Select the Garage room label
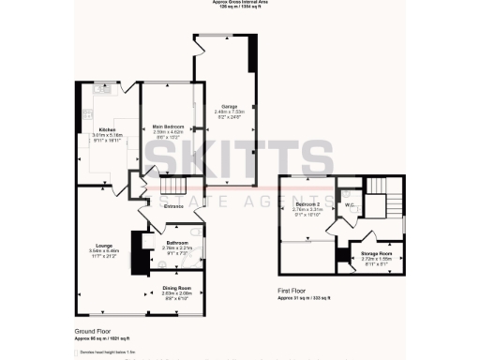tap(229, 106)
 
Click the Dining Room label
tap(176, 287)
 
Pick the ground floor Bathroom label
tap(176, 242)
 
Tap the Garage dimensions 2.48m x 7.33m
tap(229, 112)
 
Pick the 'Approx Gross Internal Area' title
tap(239, 3)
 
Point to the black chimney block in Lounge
tap(140, 258)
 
